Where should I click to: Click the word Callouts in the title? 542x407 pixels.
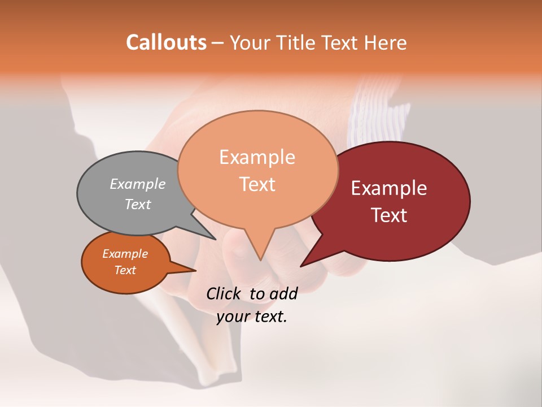[x=166, y=42]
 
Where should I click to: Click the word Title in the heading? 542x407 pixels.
[x=298, y=42]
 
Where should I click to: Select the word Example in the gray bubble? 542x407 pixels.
[x=138, y=184]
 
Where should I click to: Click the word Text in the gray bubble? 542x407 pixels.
[x=138, y=204]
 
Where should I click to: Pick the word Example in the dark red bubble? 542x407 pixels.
[x=388, y=188]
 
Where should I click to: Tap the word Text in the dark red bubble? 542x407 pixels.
[x=390, y=215]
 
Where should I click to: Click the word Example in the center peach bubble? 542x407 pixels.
[x=257, y=157]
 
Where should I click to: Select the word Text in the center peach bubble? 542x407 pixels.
[x=257, y=184]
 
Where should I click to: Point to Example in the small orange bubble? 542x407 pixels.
[x=125, y=254]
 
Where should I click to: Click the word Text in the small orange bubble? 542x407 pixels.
[x=125, y=270]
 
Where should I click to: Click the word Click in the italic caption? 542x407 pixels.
[x=224, y=293]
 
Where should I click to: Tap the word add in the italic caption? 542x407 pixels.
[x=283, y=293]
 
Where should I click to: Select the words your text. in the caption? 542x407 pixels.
[x=252, y=317]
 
